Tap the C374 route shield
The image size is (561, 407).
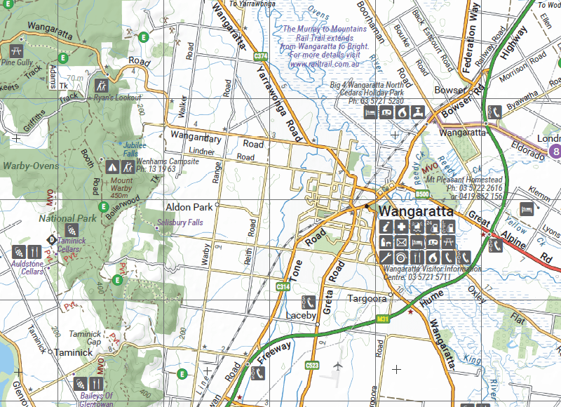coord(261,55)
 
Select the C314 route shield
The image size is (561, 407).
coord(283,287)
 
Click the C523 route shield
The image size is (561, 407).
coord(313,365)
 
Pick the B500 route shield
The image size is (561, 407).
coord(421,194)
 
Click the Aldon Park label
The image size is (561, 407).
coord(189,208)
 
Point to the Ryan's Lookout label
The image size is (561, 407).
coord(113,98)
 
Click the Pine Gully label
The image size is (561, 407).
coord(17,62)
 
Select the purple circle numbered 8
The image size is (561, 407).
coord(556,151)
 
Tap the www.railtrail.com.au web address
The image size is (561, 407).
coord(326,63)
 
